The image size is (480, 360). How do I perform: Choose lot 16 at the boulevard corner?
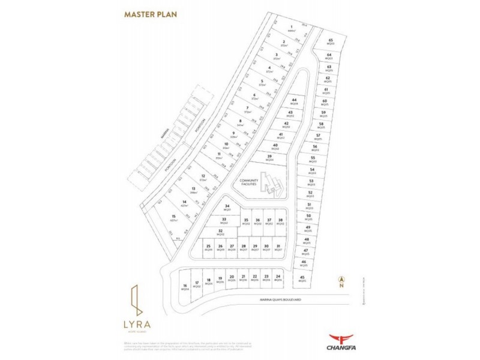(185, 287)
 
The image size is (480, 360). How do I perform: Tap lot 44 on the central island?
(294, 102)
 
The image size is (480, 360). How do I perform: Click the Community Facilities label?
(248, 182)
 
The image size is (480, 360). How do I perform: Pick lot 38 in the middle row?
(280, 222)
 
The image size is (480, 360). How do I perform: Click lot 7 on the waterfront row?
(247, 110)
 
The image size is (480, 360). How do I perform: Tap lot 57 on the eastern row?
(319, 137)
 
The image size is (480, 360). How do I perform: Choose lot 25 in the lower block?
(208, 247)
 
